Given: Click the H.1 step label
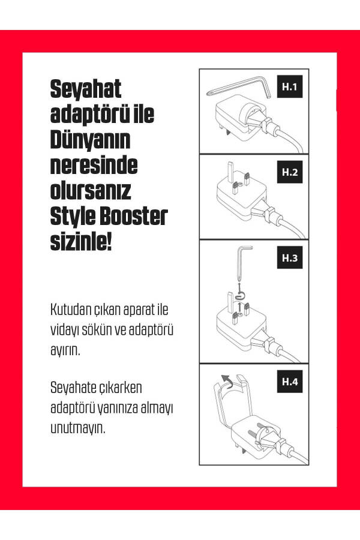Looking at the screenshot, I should tap(290, 88).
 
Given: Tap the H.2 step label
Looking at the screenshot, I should tap(290, 172).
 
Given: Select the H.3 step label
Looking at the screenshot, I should tap(290, 259).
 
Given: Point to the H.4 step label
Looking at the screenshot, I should tap(290, 382).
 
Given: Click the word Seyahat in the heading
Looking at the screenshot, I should tap(86, 90).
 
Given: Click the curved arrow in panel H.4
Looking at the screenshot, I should tap(227, 380).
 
